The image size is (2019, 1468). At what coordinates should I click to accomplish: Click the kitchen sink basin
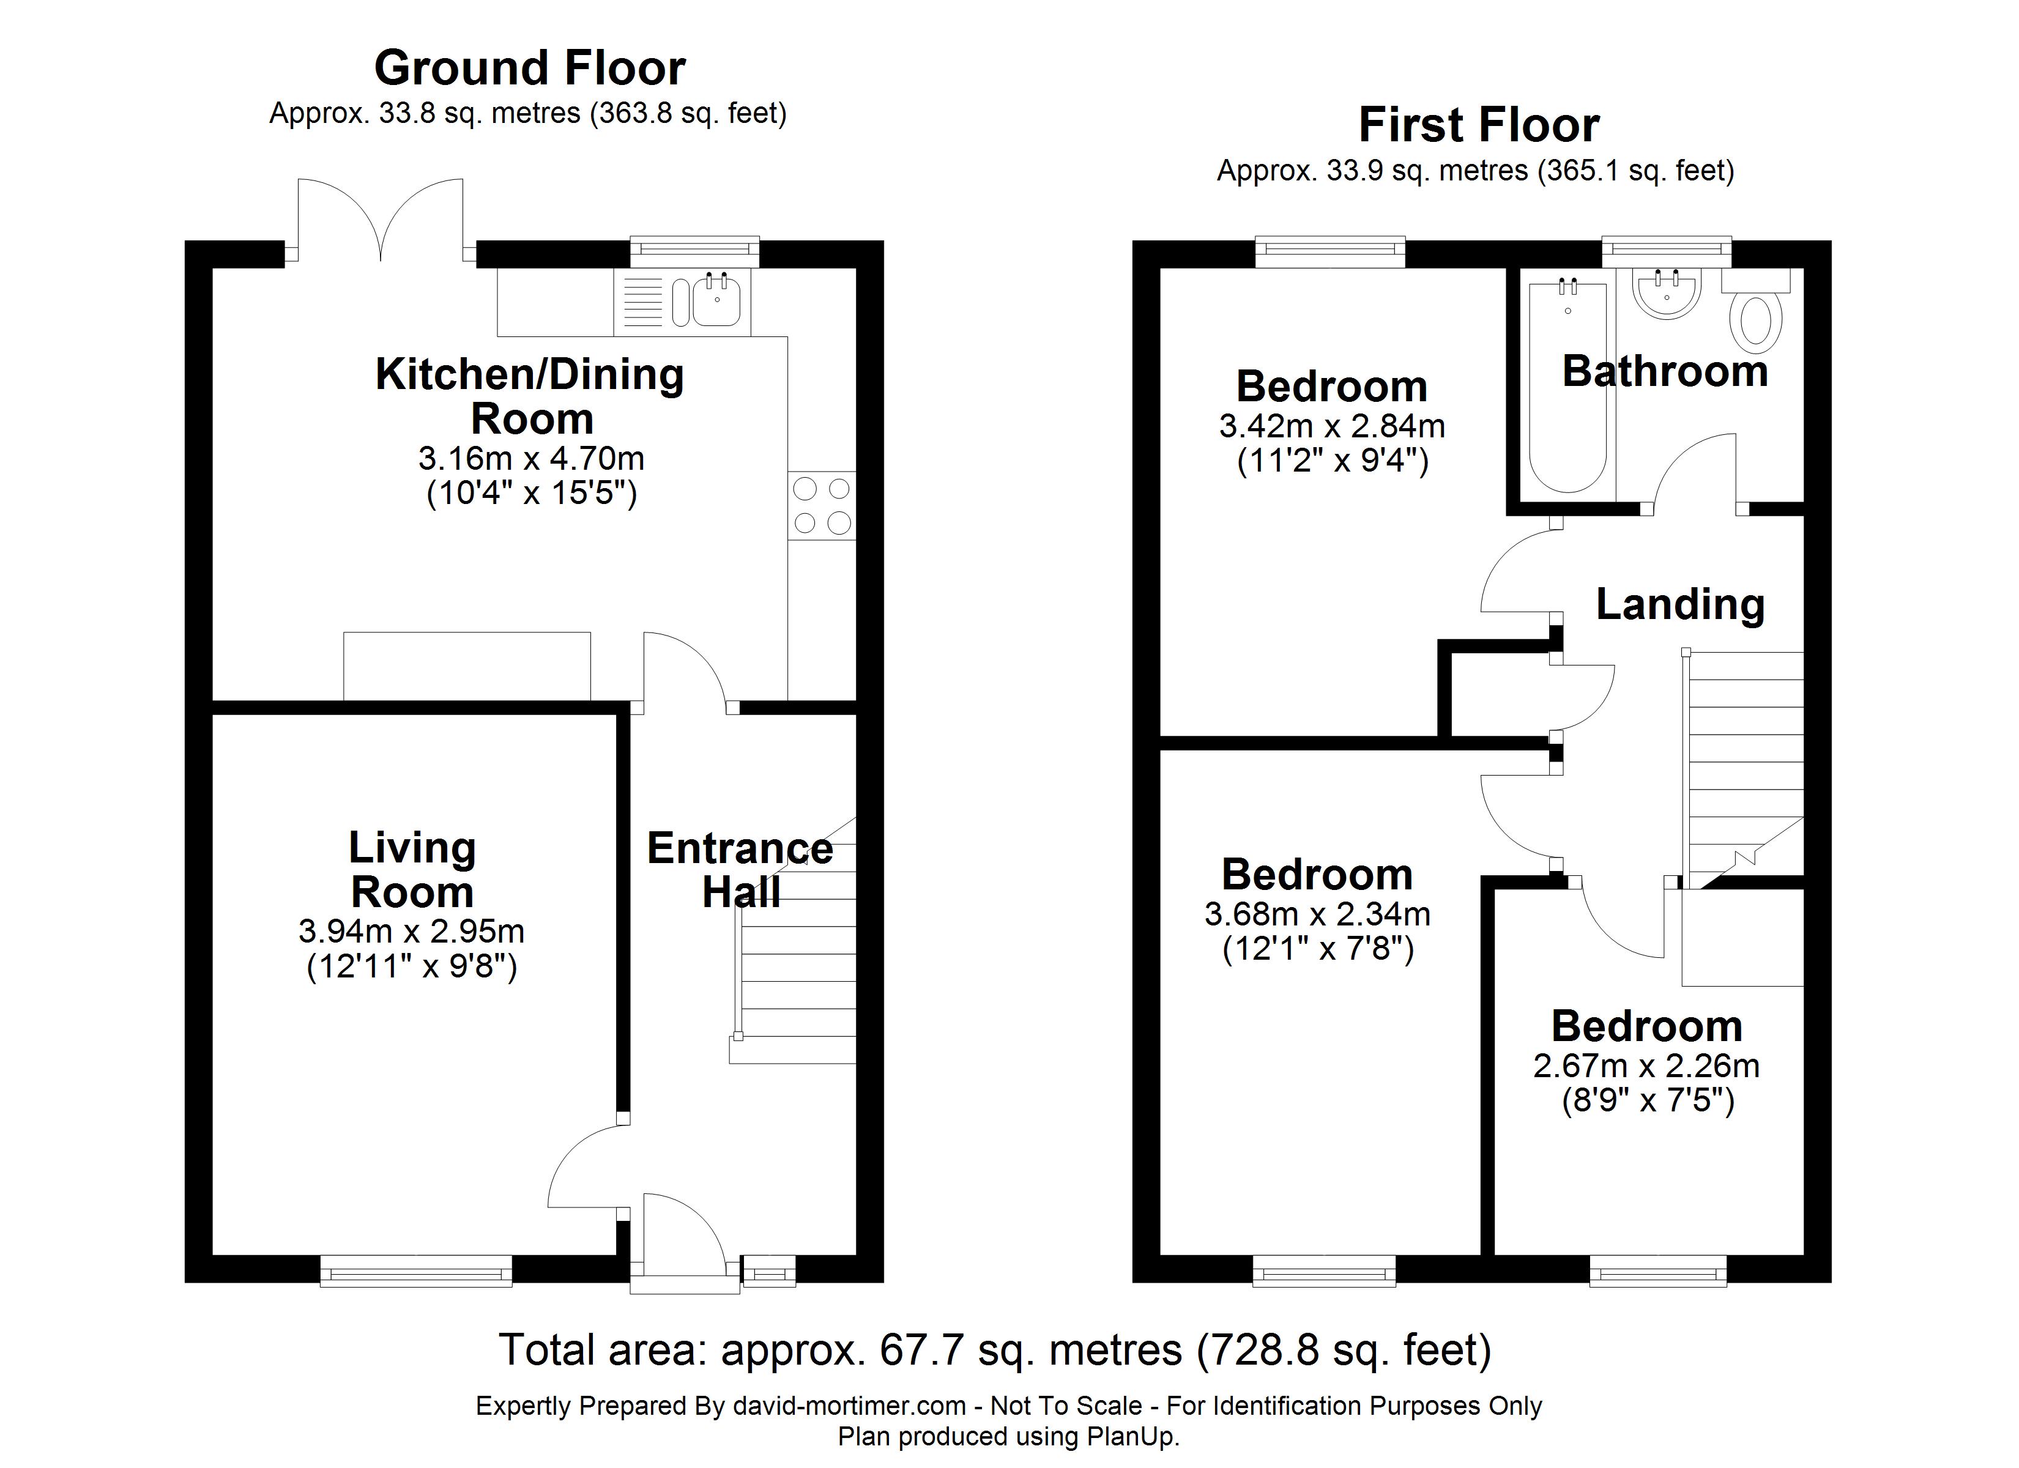coord(716,300)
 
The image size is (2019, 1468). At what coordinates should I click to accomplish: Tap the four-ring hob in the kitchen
coord(821,506)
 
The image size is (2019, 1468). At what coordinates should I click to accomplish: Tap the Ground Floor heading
coord(530,68)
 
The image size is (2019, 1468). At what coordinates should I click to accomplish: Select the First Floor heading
coord(1479,125)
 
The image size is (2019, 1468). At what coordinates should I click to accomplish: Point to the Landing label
coord(1680,604)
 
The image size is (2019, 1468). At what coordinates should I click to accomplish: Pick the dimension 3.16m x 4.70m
coord(532,459)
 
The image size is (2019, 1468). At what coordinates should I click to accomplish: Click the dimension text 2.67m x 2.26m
coord(1646,1066)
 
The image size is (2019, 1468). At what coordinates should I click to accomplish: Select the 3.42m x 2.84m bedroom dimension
coord(1332,426)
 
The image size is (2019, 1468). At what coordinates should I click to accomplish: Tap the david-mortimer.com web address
coord(849,1406)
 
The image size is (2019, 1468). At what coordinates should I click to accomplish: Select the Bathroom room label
coord(1665,371)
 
